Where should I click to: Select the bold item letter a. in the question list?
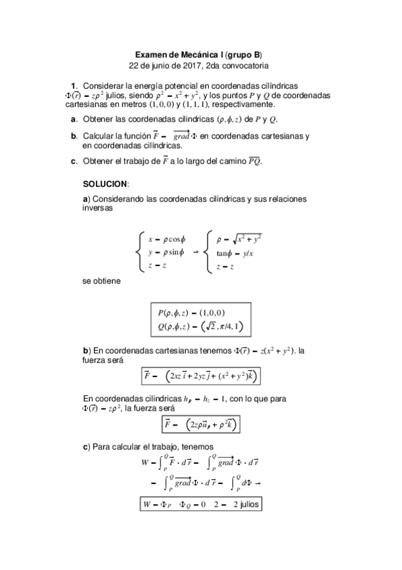[x=73, y=119]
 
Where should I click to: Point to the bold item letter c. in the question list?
[x=73, y=161]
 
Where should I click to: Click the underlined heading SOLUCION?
[x=105, y=184]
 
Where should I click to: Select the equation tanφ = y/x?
[x=235, y=253]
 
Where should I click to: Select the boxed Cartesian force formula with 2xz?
[x=201, y=375]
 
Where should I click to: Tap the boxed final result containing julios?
[x=201, y=504]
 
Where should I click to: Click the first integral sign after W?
[x=161, y=462]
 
